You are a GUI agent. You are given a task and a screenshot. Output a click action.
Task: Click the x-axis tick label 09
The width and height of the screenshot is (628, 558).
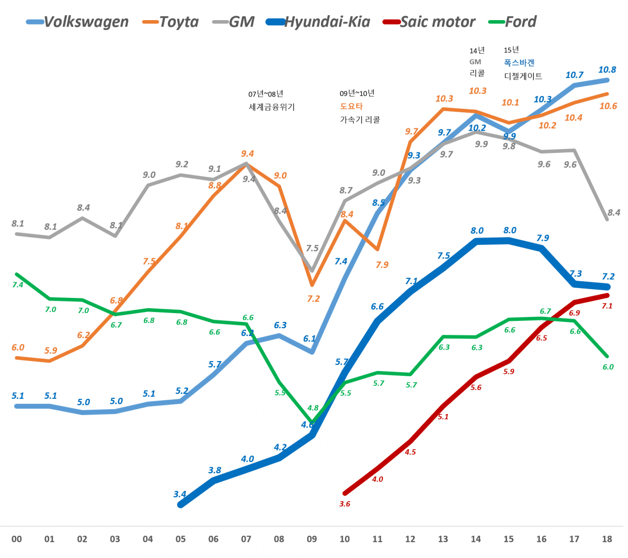[x=312, y=539]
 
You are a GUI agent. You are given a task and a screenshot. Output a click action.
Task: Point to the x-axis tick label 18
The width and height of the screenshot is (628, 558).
[x=607, y=539]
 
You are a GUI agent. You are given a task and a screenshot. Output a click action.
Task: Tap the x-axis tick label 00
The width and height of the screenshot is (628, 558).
[x=17, y=539]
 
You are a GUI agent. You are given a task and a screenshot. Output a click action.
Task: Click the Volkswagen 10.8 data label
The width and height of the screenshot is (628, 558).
[x=607, y=70]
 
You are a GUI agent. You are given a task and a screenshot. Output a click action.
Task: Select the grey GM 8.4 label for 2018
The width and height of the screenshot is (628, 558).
[x=614, y=213]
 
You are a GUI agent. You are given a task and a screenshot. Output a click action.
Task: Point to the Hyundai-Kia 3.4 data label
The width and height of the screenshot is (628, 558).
[x=180, y=494]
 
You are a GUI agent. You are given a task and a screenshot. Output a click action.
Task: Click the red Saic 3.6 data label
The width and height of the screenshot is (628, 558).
[x=345, y=504]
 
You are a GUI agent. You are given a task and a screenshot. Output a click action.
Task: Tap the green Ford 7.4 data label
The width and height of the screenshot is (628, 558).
[x=18, y=285]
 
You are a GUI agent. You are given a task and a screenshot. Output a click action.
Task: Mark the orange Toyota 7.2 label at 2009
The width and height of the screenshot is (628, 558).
[x=314, y=298]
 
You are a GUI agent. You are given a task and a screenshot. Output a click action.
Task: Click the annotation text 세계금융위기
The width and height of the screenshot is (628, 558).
[x=272, y=107]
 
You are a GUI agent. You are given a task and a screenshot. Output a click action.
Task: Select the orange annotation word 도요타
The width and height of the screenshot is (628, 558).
[x=351, y=106]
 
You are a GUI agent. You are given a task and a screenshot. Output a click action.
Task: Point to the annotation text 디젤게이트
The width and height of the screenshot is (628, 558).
[x=523, y=76]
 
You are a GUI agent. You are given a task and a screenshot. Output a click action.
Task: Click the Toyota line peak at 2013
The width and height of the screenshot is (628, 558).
[x=443, y=109]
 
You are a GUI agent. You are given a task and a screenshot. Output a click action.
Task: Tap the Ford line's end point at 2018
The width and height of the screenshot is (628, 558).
[x=607, y=356]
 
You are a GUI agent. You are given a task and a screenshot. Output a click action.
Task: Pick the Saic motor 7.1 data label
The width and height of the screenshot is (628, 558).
[x=607, y=306]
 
